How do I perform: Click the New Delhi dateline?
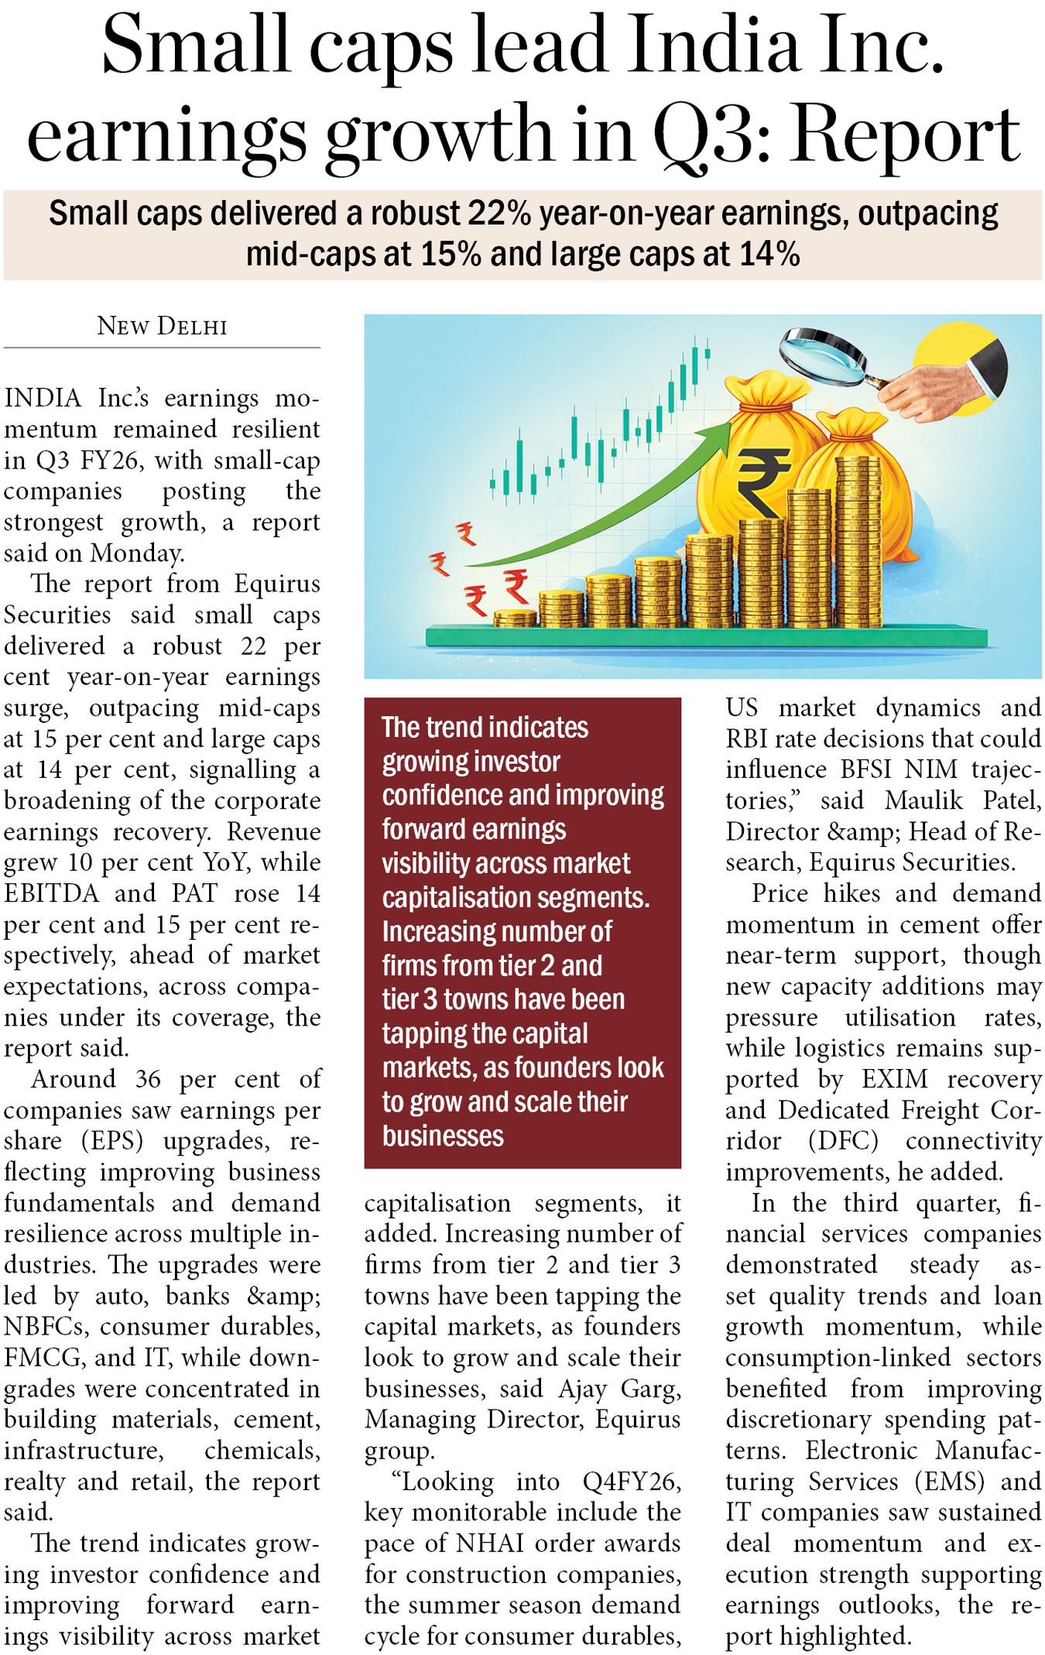click(x=162, y=326)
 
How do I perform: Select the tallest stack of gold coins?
click(x=858, y=542)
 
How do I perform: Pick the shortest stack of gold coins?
click(x=515, y=618)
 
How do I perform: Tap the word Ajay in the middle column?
click(x=582, y=1389)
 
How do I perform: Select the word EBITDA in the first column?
click(x=52, y=893)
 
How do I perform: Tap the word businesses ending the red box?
click(x=443, y=1136)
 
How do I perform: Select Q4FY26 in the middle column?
click(x=632, y=1482)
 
